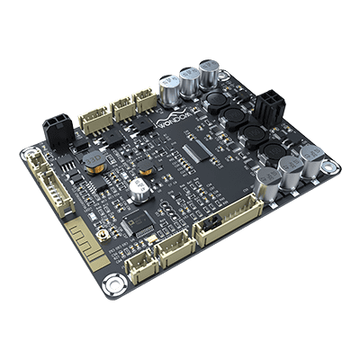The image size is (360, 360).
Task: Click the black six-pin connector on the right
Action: click(x=266, y=109)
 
